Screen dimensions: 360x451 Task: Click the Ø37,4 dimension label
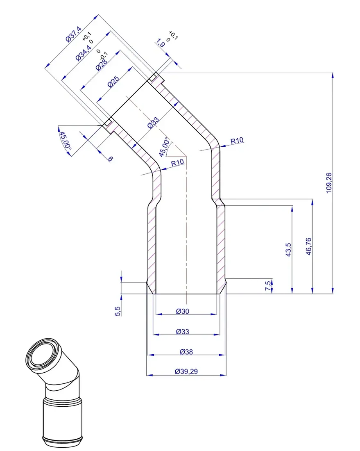74,34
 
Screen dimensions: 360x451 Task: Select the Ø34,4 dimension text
83,52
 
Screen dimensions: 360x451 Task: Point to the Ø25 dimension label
113,82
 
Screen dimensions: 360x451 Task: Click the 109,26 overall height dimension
329,183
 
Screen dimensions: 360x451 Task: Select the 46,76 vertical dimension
308,246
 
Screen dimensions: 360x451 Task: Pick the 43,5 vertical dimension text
288,250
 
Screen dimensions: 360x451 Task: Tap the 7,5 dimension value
268,286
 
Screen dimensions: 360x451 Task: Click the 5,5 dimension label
118,311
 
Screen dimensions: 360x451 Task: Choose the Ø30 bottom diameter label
182,311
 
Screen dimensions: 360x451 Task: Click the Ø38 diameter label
186,352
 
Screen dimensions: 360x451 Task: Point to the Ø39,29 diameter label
186,371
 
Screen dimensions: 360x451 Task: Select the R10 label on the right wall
237,141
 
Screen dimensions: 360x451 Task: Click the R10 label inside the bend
177,163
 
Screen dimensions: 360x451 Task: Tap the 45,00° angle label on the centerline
164,147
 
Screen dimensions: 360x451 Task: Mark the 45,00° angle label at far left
65,141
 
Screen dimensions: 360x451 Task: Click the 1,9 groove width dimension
161,43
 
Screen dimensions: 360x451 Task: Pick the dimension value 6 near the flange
111,159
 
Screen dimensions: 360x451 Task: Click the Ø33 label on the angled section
153,123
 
